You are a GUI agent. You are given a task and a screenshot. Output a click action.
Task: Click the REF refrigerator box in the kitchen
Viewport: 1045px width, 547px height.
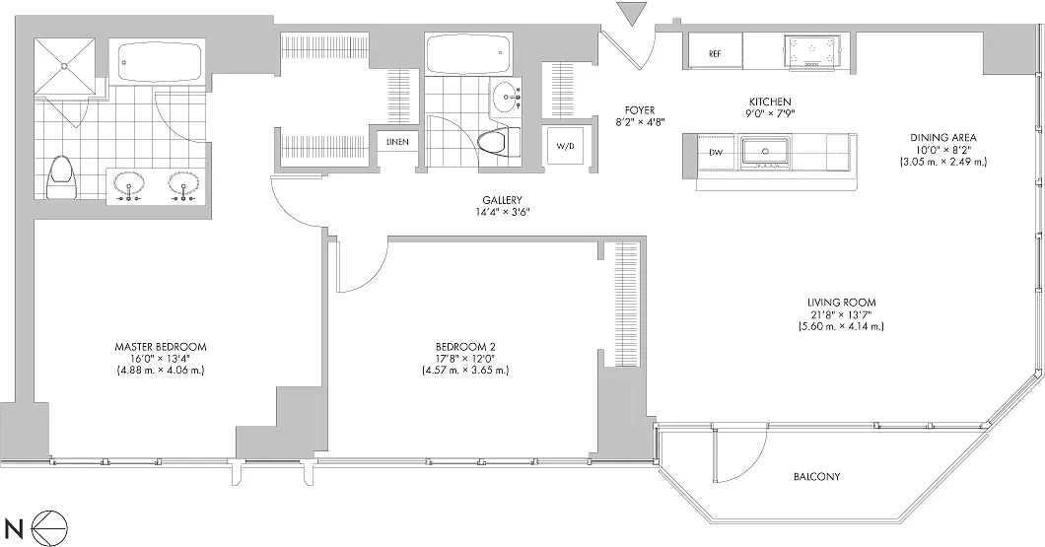(x=714, y=52)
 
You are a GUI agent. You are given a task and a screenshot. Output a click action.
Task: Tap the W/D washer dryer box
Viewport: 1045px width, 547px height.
(x=565, y=147)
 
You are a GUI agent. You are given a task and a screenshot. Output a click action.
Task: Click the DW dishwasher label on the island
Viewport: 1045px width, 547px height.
(x=716, y=152)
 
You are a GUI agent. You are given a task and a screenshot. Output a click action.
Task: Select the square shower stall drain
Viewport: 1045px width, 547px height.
(x=67, y=65)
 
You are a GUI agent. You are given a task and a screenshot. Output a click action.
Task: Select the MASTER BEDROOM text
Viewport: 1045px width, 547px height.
(x=160, y=347)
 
